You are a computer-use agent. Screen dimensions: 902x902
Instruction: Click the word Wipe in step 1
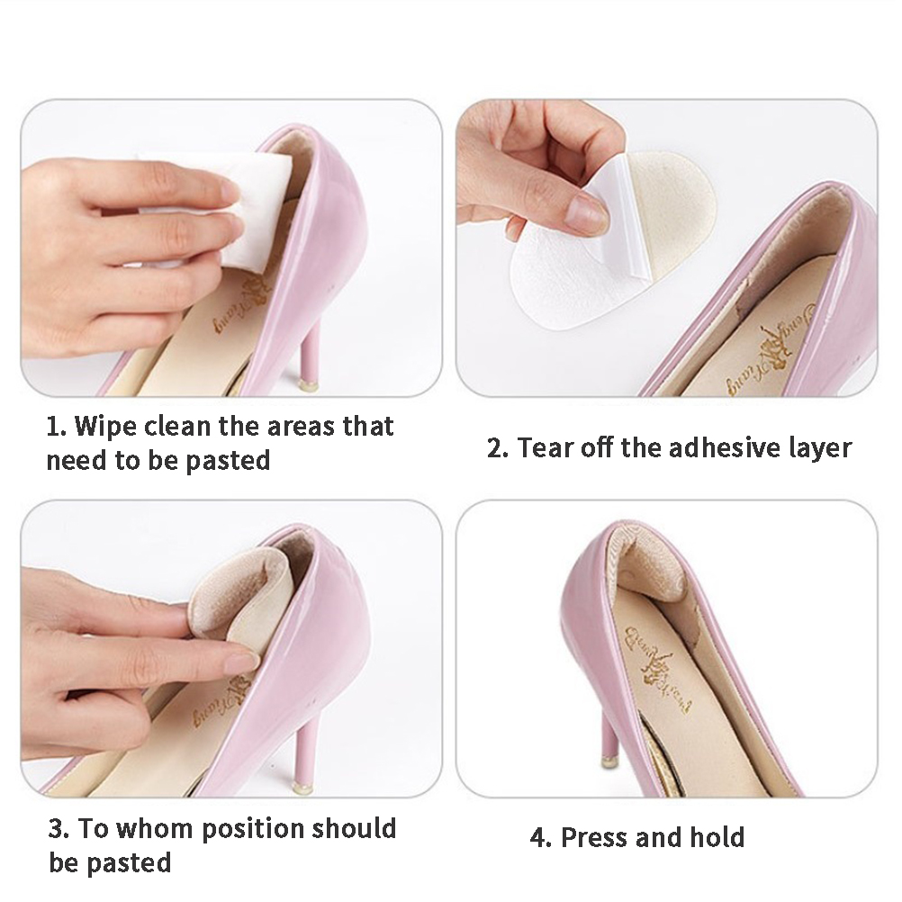click(x=106, y=427)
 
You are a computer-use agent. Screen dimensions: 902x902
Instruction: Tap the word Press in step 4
click(x=594, y=837)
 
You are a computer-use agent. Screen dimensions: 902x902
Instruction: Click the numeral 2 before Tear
click(x=495, y=448)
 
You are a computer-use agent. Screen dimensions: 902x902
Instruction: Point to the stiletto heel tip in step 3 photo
click(x=303, y=787)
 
